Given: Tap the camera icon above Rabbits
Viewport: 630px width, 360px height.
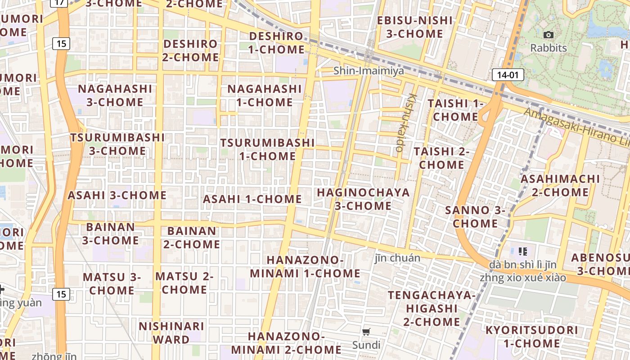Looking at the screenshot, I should click(x=548, y=35).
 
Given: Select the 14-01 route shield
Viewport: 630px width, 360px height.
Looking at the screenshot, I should click(x=508, y=75).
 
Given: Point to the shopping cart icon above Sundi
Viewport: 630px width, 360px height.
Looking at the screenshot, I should click(x=366, y=332).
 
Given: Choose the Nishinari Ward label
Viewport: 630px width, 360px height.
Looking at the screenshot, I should click(x=171, y=333).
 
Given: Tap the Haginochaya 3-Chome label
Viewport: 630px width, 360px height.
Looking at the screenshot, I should click(x=363, y=199).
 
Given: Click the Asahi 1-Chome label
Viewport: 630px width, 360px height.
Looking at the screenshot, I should click(x=252, y=199).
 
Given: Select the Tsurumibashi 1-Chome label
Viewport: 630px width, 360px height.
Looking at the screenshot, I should click(x=267, y=149).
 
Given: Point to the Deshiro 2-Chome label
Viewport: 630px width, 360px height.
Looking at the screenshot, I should click(x=191, y=50).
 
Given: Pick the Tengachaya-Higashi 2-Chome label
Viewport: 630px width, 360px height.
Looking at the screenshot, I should click(x=432, y=308).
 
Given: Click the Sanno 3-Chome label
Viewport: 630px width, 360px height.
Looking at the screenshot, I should click(x=475, y=216).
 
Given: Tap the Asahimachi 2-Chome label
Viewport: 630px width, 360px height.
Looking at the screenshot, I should click(x=560, y=185).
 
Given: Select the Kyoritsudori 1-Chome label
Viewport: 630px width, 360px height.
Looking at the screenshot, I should click(x=531, y=337).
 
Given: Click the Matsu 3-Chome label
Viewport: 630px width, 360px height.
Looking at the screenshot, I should click(x=112, y=283).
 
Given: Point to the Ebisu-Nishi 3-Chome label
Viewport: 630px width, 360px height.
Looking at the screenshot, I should click(x=414, y=27).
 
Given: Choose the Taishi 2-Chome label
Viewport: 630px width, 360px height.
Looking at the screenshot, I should click(x=441, y=158).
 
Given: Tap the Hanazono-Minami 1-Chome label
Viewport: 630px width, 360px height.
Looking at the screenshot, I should click(x=305, y=266).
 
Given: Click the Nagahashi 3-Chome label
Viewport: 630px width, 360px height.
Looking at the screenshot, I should click(x=115, y=95).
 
